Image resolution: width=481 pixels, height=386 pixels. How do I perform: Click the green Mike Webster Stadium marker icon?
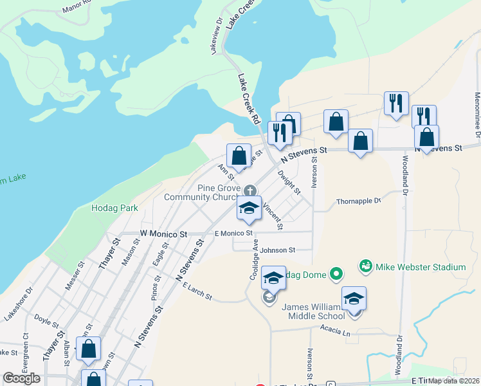pyautogui.click(x=365, y=266)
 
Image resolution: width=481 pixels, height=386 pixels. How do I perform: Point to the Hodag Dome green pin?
pyautogui.click(x=336, y=275)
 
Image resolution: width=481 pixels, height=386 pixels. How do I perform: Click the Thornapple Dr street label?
pyautogui.click(x=358, y=201)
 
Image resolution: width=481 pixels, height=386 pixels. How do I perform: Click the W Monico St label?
pyautogui.click(x=164, y=235)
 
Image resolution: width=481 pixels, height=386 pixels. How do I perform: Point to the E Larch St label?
pyautogui.click(x=197, y=291)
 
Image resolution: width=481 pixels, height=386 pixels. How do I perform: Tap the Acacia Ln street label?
pyautogui.click(x=337, y=333)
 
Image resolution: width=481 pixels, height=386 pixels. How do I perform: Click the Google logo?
pyautogui.click(x=21, y=378)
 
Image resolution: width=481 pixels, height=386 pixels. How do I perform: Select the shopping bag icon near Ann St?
pyautogui.click(x=239, y=156)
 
